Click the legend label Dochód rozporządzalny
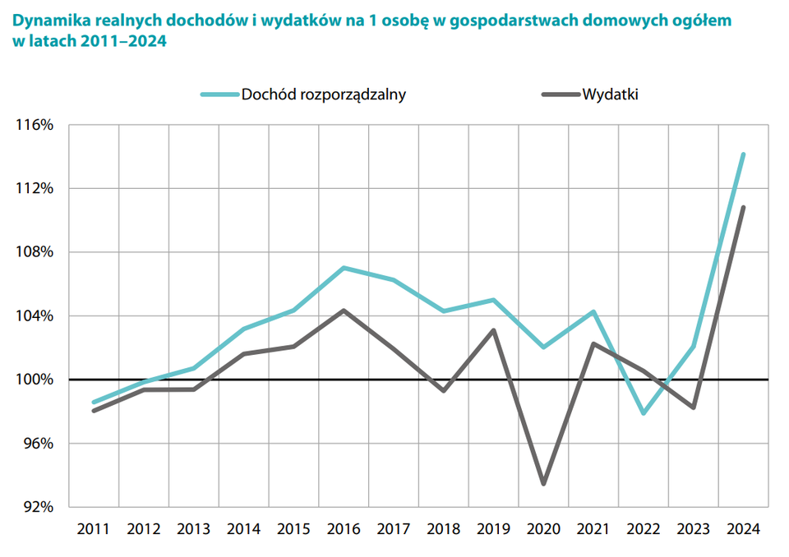click(323, 94)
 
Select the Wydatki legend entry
click(610, 94)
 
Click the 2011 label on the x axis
click(94, 530)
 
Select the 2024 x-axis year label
click(743, 530)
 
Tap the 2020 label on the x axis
click(543, 530)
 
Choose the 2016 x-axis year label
click(344, 530)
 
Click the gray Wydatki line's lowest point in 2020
click(543, 484)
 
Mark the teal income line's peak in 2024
click(743, 154)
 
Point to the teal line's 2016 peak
click(344, 268)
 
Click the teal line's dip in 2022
click(644, 413)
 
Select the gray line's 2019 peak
click(493, 330)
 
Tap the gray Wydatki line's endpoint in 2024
click(743, 207)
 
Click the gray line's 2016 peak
click(344, 311)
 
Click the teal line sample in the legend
click(218, 94)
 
